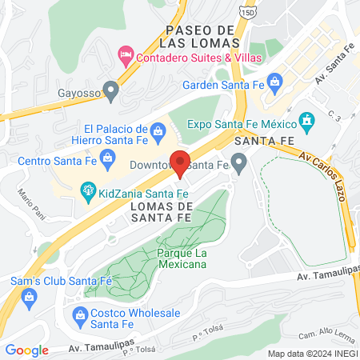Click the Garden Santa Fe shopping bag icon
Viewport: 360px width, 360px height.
[274, 81]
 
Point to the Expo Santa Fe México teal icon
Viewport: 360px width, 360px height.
[304, 122]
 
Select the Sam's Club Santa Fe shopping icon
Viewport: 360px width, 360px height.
[30, 298]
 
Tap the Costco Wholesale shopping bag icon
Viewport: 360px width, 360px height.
[80, 315]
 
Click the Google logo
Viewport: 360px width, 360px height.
[26, 350]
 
